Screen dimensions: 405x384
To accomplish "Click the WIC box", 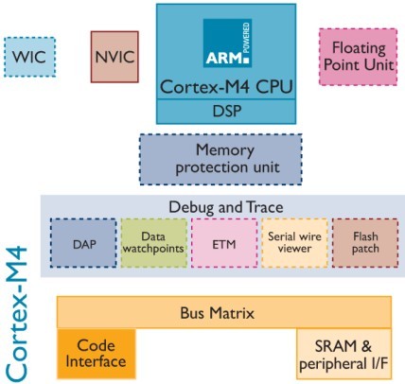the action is click(x=30, y=57).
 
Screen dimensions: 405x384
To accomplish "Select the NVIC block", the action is click(x=114, y=57).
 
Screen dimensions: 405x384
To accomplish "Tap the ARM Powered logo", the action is click(x=227, y=43).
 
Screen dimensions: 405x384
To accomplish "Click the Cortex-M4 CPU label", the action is click(x=226, y=87).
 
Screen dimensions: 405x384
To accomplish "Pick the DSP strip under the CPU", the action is click(x=226, y=112).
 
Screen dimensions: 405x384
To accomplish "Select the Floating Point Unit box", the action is click(x=358, y=57).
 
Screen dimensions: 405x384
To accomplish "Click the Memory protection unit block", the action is click(x=220, y=159).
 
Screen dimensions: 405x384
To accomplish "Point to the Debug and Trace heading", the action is click(x=226, y=207).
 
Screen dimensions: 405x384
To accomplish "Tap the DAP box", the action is click(x=83, y=243).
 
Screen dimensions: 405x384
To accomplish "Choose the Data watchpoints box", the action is click(x=154, y=243).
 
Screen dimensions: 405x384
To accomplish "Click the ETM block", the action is click(x=224, y=243).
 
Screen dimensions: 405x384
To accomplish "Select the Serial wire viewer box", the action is click(x=294, y=243).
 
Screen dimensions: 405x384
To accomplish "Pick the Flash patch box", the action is click(x=365, y=243).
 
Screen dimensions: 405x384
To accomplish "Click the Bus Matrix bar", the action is click(x=224, y=312).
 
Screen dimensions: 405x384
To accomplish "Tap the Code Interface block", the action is click(x=97, y=354).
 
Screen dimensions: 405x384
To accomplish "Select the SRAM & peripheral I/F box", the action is click(x=343, y=354).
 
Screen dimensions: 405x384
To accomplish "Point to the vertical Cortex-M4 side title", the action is click(x=17, y=315).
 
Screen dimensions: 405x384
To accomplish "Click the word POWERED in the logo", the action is click(x=246, y=37).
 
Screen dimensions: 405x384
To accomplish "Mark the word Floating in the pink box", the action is click(x=359, y=48).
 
